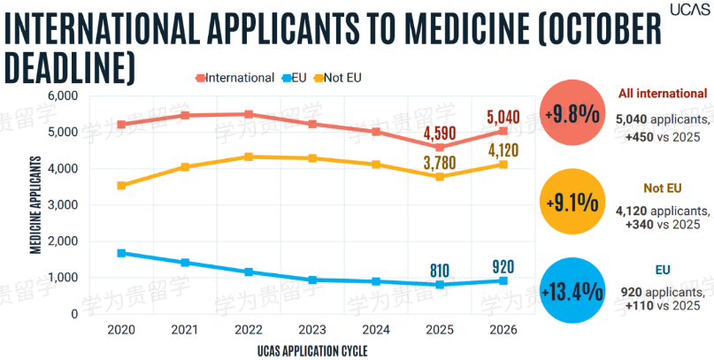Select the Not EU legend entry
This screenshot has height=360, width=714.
(x=338, y=78)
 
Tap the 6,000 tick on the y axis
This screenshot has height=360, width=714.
(x=64, y=96)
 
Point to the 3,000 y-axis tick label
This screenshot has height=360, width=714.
(x=64, y=205)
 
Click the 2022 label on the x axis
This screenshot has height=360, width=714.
(x=249, y=330)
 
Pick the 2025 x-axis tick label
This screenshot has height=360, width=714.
(x=440, y=330)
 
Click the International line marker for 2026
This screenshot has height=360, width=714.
(x=503, y=131)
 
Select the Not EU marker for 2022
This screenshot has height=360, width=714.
(x=249, y=157)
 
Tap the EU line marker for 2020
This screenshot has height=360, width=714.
(x=121, y=253)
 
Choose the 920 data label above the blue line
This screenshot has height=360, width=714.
(x=503, y=266)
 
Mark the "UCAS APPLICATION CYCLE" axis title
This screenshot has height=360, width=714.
(x=312, y=350)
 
